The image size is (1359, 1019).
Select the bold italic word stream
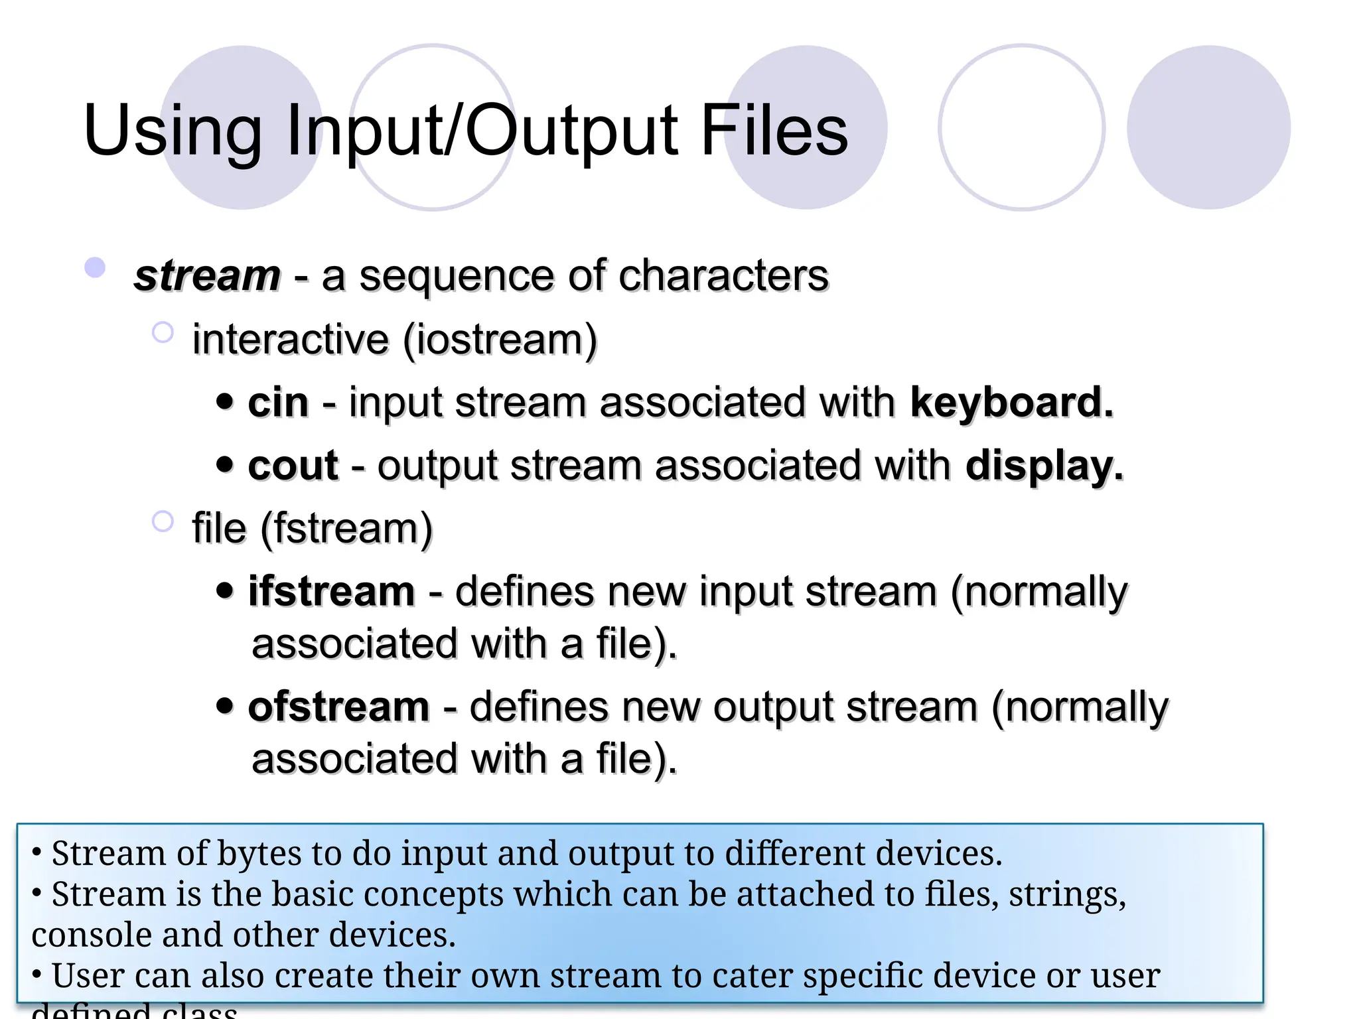pos(207,275)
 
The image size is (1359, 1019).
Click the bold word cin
pos(278,403)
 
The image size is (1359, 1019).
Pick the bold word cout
pos(293,466)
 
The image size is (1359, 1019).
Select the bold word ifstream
pos(331,591)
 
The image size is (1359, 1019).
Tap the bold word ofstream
pos(338,707)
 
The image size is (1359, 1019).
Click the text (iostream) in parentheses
pos(500,340)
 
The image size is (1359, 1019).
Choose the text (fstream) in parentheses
pos(346,529)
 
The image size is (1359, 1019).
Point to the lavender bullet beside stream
pos(96,267)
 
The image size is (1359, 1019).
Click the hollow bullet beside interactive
pos(163,332)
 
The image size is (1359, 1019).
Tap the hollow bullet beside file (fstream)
pos(163,521)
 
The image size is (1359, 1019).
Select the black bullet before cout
pos(225,464)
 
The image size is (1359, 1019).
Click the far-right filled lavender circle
pos(1208,127)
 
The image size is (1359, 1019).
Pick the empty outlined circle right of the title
pos(1022,127)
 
